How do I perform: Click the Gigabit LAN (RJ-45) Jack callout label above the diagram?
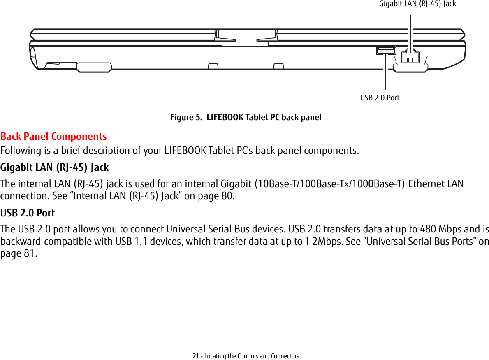click(x=417, y=4)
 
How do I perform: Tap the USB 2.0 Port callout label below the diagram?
click(x=380, y=98)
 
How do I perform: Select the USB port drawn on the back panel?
click(x=386, y=50)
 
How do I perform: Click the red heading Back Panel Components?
click(x=53, y=136)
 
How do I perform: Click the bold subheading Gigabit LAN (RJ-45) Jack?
click(x=55, y=167)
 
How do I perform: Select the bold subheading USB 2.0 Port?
click(x=28, y=213)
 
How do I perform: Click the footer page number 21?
click(x=196, y=356)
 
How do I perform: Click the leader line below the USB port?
click(x=386, y=72)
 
